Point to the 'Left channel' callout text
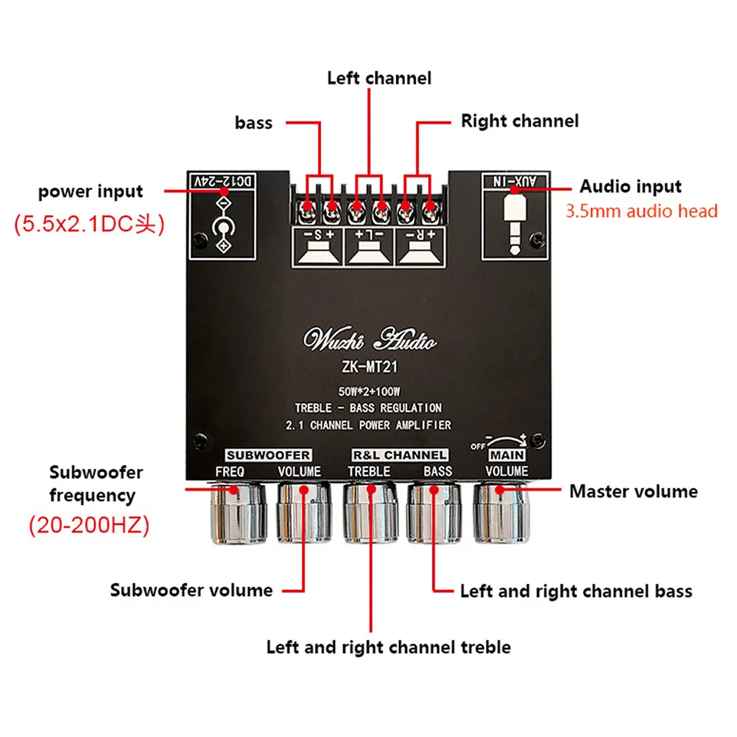[379, 77]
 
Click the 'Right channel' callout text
[520, 121]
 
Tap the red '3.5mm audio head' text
[641, 211]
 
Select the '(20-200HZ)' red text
[89, 526]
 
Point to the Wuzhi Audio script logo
[370, 341]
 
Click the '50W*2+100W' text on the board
[370, 391]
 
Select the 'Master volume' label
[633, 490]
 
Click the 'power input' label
[91, 191]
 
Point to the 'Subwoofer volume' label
[191, 590]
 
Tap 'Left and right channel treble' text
[388, 647]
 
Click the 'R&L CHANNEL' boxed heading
[399, 455]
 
